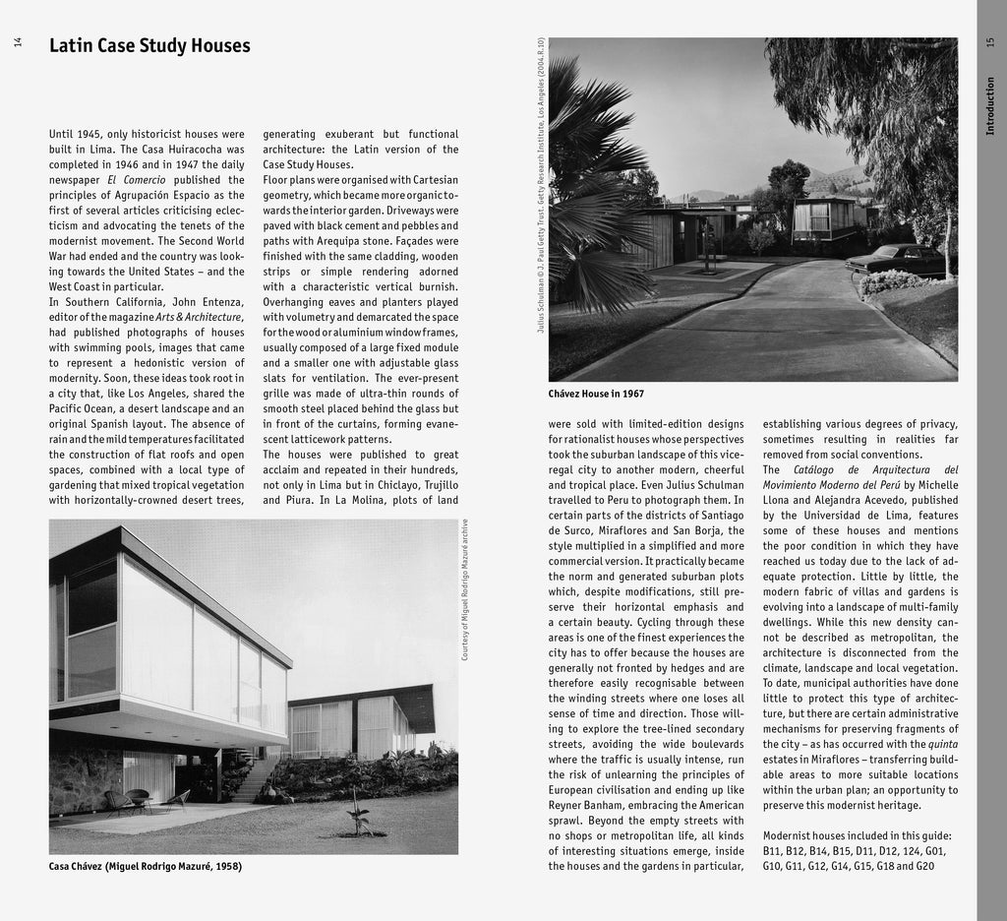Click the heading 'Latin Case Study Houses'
click(149, 45)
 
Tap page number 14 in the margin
click(17, 44)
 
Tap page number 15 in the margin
click(989, 43)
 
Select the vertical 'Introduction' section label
click(989, 106)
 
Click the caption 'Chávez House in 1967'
click(596, 394)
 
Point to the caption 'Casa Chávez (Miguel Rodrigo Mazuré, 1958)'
click(146, 867)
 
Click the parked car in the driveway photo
click(896, 259)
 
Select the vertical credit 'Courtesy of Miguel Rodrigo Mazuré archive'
click(465, 588)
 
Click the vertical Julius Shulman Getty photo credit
click(540, 184)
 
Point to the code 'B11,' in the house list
click(776, 850)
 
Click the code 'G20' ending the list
click(924, 866)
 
